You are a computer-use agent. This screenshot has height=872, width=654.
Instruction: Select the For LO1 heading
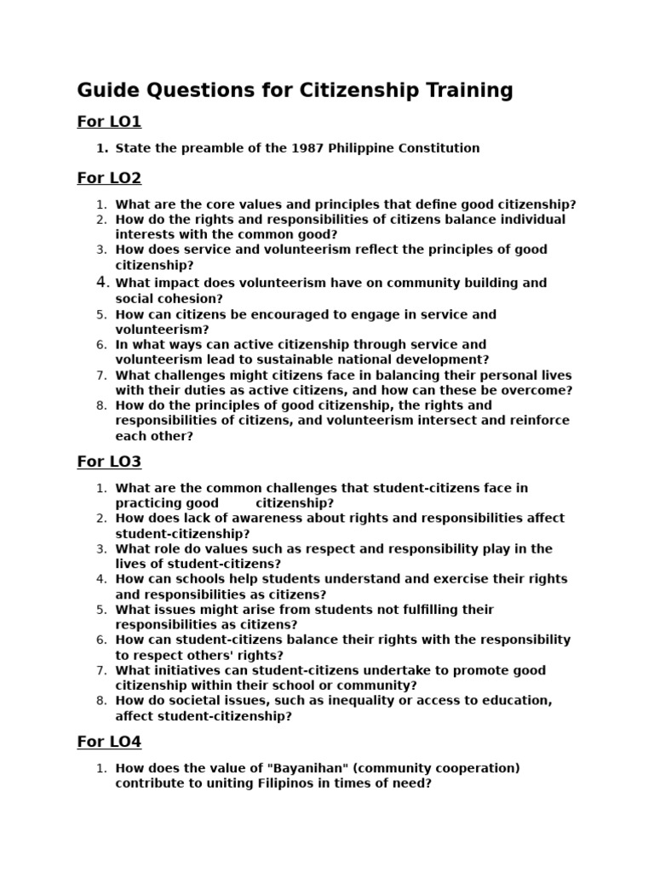pos(109,122)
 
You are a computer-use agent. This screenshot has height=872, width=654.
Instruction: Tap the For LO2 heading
pos(109,178)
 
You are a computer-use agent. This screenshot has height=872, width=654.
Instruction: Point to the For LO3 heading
pos(109,462)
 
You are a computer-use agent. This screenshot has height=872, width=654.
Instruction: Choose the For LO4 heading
pos(109,742)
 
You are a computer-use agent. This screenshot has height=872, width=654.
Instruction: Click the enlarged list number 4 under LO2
pos(101,282)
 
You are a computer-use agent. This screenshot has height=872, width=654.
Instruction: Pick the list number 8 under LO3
pos(101,701)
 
